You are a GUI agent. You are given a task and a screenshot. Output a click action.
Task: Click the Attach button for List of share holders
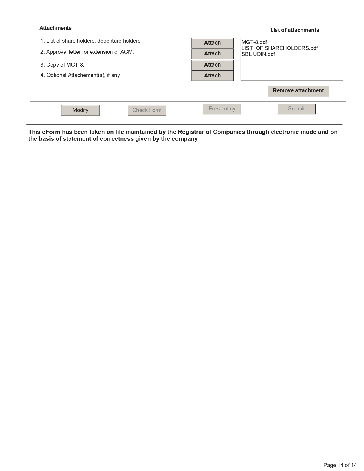click(212, 43)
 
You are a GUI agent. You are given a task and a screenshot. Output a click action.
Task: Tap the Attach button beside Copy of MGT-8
click(212, 65)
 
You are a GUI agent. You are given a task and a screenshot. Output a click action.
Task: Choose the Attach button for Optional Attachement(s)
click(212, 76)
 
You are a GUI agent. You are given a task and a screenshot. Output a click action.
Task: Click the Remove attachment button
click(298, 91)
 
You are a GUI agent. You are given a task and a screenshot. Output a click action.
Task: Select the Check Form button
click(147, 110)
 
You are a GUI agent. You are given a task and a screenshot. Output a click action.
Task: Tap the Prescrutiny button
click(222, 109)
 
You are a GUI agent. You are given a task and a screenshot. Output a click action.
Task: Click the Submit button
click(296, 109)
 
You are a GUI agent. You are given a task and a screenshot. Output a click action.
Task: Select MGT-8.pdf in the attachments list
click(254, 42)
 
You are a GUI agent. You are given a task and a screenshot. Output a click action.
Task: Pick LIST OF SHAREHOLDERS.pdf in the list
click(279, 48)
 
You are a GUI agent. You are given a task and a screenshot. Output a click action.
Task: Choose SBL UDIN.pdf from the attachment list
click(258, 54)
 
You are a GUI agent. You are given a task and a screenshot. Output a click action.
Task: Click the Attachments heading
click(55, 28)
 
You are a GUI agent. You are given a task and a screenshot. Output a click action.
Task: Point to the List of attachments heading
click(295, 30)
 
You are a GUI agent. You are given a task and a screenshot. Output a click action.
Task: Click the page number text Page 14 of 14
click(340, 465)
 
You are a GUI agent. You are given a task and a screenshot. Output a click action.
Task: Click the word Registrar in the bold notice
click(190, 132)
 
